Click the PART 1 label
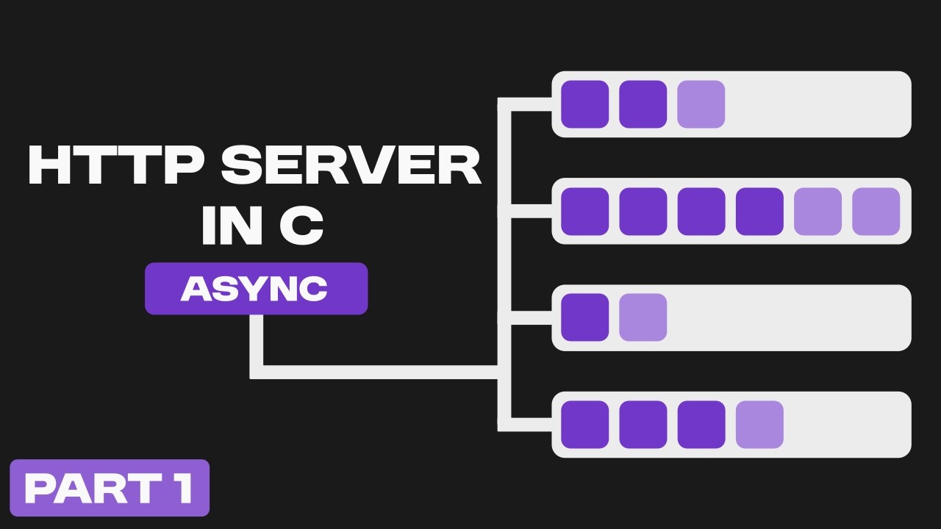pyautogui.click(x=110, y=488)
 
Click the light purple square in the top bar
pyautogui.click(x=701, y=104)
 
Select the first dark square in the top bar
pyautogui.click(x=584, y=104)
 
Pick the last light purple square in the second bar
pyautogui.click(x=876, y=212)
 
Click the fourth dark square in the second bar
pyautogui.click(x=759, y=212)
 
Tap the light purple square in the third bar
pyautogui.click(x=643, y=317)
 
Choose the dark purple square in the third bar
pyautogui.click(x=584, y=317)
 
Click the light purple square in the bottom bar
pyautogui.click(x=759, y=425)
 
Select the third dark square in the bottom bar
pyautogui.click(x=701, y=425)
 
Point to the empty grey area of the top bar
pyautogui.click(x=816, y=104)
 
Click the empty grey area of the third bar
pyautogui.click(x=787, y=317)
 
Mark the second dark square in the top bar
pyautogui.click(x=643, y=104)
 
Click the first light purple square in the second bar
pyautogui.click(x=817, y=212)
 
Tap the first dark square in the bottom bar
pyautogui.click(x=584, y=425)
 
